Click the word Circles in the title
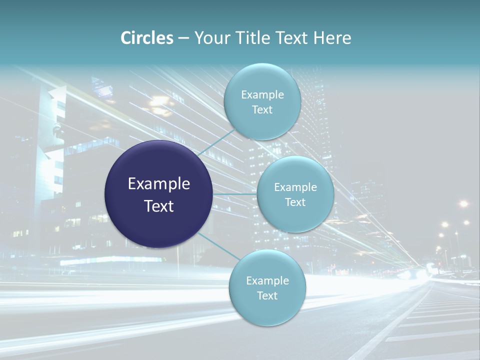click(146, 38)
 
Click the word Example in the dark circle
click(159, 184)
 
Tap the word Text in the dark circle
click(159, 206)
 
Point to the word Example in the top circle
click(262, 95)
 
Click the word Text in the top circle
click(262, 110)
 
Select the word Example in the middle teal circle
click(295, 187)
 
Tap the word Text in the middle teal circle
click(295, 202)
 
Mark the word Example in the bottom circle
click(267, 280)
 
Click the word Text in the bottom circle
click(267, 295)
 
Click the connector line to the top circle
click(216, 143)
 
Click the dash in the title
click(183, 38)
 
